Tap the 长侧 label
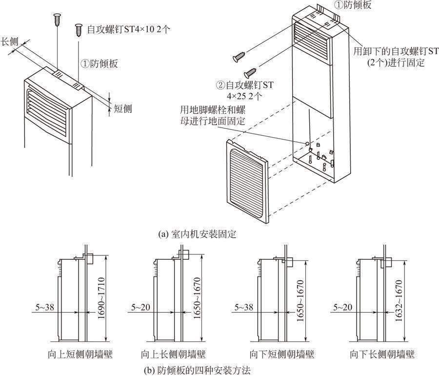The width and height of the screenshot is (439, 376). click(11, 42)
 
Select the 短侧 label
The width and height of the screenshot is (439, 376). click(123, 108)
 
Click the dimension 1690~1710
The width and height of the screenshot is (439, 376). click(100, 298)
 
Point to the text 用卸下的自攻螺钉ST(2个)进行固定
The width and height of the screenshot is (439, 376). click(396, 57)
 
